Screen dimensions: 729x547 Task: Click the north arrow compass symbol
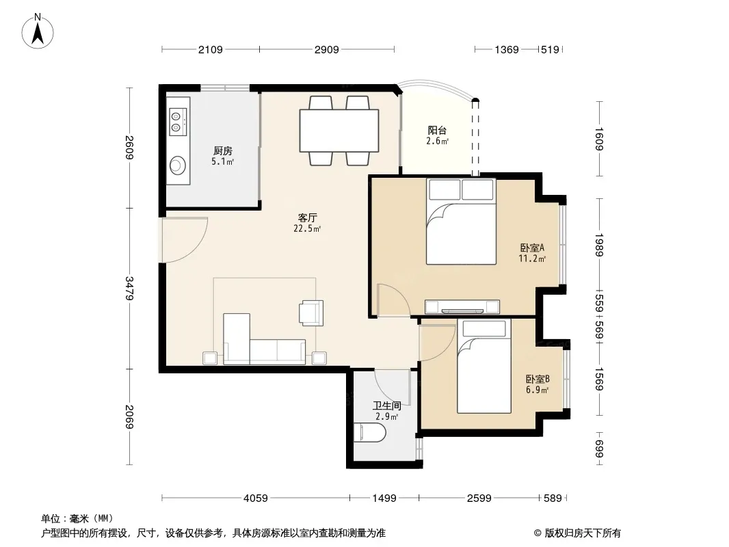tap(38, 31)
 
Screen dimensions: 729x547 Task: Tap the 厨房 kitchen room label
tap(223, 150)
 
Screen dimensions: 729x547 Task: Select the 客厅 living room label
tap(307, 217)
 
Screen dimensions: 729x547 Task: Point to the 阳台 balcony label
tap(437, 130)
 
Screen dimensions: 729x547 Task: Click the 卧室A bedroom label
tap(532, 248)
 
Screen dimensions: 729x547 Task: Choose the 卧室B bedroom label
tap(538, 379)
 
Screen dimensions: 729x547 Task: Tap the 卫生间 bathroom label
tap(387, 405)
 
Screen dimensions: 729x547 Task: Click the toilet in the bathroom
tap(369, 433)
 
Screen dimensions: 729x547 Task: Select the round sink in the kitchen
tap(177, 165)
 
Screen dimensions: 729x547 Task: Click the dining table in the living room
tap(339, 130)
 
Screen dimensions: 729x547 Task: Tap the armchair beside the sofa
tap(311, 312)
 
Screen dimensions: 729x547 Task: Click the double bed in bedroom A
tap(461, 222)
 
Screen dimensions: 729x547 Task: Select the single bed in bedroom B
tap(484, 366)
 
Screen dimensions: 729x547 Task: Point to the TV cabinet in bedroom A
tap(462, 307)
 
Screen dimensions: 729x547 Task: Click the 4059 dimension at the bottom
tap(256, 498)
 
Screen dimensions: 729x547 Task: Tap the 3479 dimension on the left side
tap(130, 288)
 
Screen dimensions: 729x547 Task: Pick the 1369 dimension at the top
tap(506, 49)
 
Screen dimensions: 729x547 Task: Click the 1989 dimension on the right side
tap(599, 245)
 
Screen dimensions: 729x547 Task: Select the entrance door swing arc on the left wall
tap(194, 248)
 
